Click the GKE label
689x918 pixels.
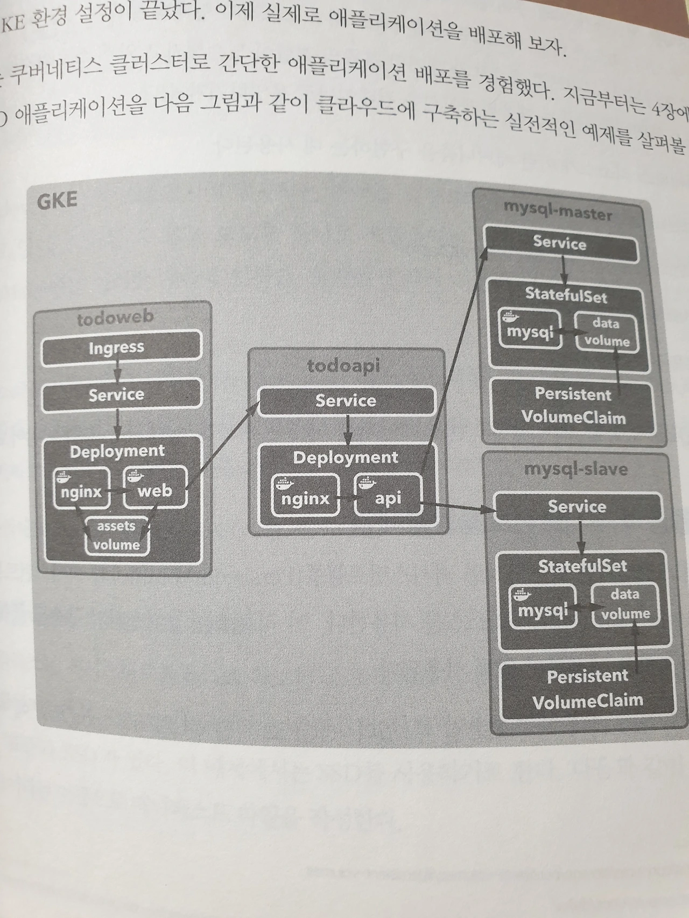click(x=57, y=201)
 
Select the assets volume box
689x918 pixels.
click(x=116, y=535)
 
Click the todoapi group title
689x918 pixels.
click(x=343, y=366)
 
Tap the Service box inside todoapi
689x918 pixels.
click(x=346, y=401)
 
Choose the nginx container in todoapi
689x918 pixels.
click(x=305, y=497)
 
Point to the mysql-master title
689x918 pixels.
click(x=558, y=211)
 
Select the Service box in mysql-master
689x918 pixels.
click(x=560, y=243)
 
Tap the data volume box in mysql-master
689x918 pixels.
click(x=606, y=333)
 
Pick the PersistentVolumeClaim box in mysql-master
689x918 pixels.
click(x=573, y=406)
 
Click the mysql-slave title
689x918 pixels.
click(x=575, y=469)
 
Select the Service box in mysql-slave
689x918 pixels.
click(x=577, y=507)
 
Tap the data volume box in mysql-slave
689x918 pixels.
click(x=625, y=604)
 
